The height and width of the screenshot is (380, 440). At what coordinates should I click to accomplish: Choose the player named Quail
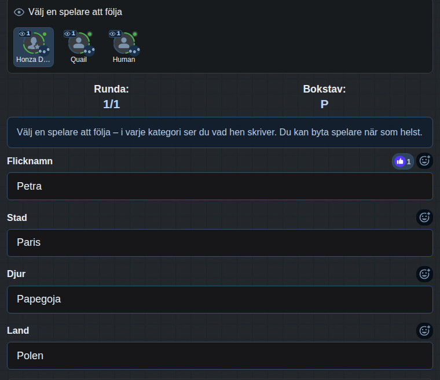[79, 47]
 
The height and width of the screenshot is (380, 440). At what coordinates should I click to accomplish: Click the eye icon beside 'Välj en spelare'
[19, 12]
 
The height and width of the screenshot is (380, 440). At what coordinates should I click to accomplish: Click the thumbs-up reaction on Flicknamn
[403, 161]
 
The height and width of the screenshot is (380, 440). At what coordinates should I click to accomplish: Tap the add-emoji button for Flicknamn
[424, 161]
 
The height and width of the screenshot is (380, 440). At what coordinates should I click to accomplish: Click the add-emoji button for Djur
[424, 274]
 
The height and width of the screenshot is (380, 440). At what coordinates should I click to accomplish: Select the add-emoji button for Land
[424, 331]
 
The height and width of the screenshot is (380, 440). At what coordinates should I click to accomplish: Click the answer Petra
[29, 186]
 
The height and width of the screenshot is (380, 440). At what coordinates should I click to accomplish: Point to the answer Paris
[28, 242]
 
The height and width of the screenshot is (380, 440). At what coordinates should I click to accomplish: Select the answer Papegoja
[39, 299]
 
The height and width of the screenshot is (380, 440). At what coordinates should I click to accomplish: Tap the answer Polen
[30, 356]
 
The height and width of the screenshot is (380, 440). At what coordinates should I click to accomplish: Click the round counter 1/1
[111, 104]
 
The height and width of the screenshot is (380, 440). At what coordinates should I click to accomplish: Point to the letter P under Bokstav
[324, 104]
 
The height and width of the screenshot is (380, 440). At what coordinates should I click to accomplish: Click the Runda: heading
[111, 89]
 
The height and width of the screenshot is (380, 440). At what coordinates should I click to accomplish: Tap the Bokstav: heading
[324, 89]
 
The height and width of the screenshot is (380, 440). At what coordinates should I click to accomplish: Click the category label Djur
[16, 274]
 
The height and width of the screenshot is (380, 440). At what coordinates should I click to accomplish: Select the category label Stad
[17, 217]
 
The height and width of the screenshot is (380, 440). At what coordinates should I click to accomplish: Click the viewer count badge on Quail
[70, 34]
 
